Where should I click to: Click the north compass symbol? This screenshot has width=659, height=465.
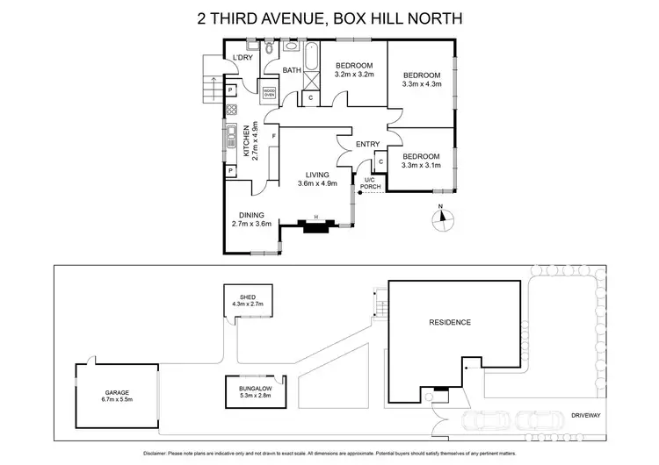[444, 216]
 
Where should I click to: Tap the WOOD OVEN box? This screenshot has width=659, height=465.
[270, 90]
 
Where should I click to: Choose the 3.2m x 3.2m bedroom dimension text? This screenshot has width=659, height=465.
[355, 75]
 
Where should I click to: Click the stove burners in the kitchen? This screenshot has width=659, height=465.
[233, 111]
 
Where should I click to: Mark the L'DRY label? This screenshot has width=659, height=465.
[243, 59]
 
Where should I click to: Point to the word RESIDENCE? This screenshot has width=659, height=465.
[449, 323]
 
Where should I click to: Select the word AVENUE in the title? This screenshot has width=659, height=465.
[285, 18]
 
